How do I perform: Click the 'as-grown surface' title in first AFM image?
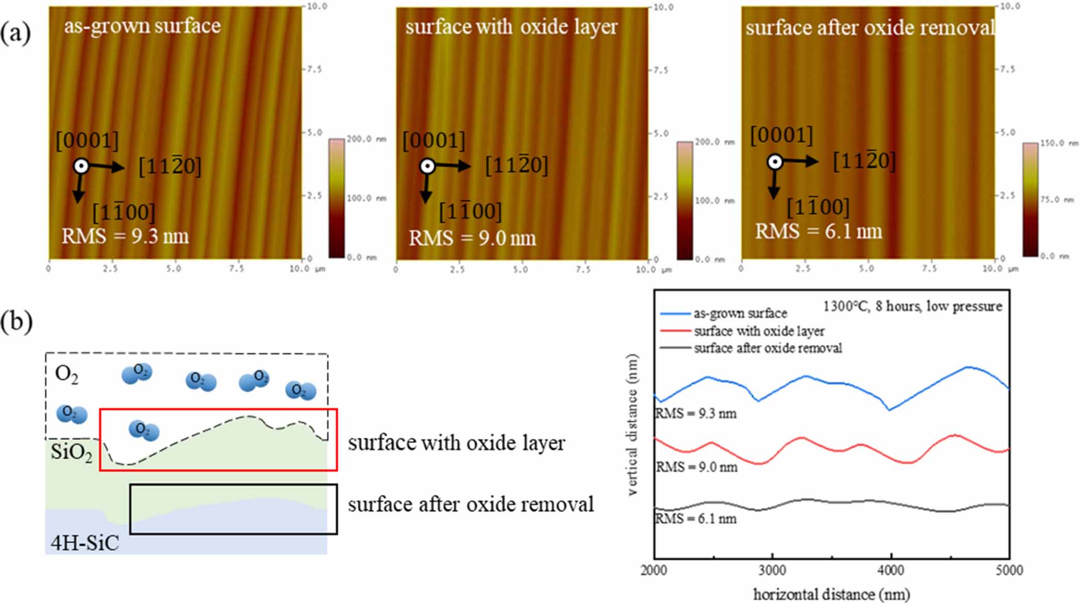point(142,26)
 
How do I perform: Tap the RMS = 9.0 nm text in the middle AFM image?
point(472,238)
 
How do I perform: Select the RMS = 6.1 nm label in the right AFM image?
point(818,231)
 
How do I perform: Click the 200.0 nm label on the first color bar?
point(366,139)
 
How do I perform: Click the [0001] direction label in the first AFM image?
point(87,141)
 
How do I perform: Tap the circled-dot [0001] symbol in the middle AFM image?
point(427,166)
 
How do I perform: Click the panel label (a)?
point(15,33)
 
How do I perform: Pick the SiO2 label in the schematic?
point(71,453)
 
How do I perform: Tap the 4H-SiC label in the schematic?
point(85,543)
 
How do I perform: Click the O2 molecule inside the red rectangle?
point(144,430)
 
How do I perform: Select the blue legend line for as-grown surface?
point(675,313)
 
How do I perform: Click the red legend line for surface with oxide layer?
point(675,331)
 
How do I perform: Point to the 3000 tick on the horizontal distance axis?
point(772,570)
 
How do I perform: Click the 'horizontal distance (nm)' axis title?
point(831,594)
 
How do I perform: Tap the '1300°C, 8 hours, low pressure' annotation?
point(912,306)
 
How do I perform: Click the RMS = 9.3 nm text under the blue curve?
point(695,413)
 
